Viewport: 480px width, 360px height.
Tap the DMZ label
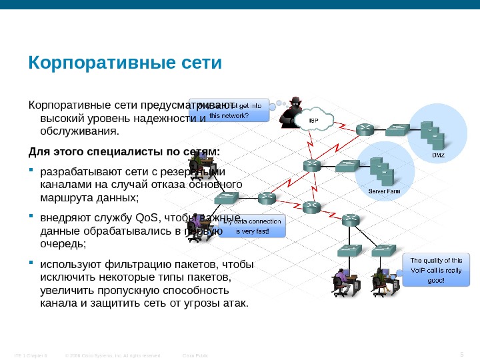[437, 155]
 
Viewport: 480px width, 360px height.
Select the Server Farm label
[385, 191]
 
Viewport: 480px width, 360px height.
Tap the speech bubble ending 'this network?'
[230, 110]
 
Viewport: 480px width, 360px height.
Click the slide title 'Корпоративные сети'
[124, 64]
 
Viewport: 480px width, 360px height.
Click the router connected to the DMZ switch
[366, 129]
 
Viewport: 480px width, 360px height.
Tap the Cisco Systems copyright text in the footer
[113, 355]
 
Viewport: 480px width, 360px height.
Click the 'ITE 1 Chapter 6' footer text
[29, 355]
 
